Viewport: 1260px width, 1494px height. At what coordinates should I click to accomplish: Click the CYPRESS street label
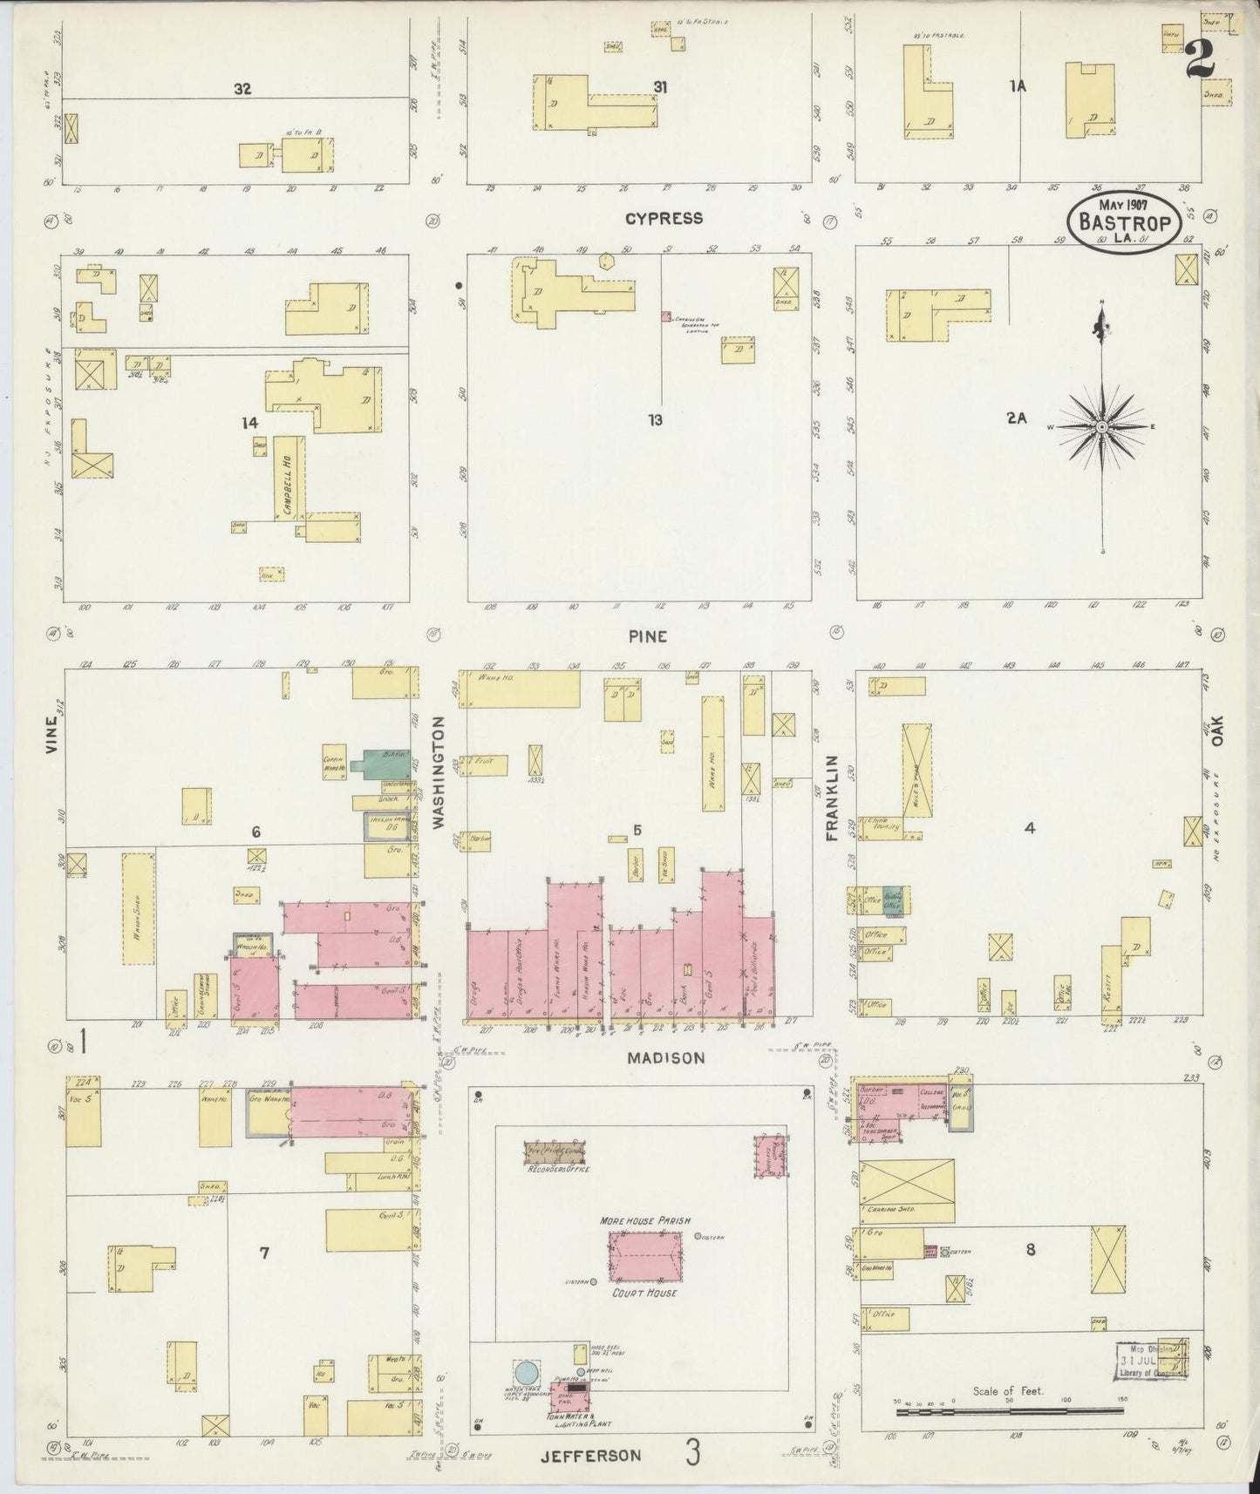(x=664, y=218)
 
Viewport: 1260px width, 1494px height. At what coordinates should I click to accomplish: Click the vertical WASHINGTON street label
(x=439, y=771)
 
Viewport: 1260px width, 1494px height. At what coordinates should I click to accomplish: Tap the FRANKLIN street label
(x=831, y=798)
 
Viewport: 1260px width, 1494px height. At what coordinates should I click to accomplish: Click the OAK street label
(x=1217, y=730)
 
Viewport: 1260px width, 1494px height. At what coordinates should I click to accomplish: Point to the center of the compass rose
(x=1102, y=426)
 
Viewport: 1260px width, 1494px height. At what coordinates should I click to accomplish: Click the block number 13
(x=655, y=420)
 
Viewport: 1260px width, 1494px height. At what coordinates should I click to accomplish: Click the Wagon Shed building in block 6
(x=138, y=909)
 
